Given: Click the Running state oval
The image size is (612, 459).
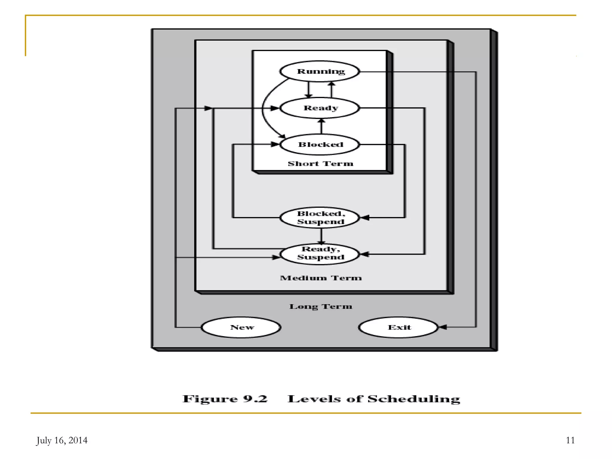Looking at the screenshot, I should click(x=320, y=71).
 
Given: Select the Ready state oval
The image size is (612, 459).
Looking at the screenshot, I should click(x=320, y=108).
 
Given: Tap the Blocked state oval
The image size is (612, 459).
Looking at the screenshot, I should click(x=320, y=145).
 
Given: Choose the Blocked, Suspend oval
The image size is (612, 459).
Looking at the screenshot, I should click(x=320, y=218).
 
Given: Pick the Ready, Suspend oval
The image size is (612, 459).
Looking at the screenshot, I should click(x=320, y=254).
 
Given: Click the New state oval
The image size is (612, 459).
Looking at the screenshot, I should click(x=241, y=327).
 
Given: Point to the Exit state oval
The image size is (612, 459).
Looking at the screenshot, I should click(x=399, y=327).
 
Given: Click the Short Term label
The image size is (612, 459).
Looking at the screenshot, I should click(x=320, y=164).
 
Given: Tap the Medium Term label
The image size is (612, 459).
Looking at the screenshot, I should click(x=321, y=278).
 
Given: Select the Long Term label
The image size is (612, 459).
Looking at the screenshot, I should click(x=321, y=307).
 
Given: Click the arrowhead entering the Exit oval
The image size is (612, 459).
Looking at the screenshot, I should click(x=443, y=327).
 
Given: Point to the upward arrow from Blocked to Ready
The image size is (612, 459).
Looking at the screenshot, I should click(x=321, y=126).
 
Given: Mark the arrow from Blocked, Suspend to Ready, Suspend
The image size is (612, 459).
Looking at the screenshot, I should click(x=321, y=236).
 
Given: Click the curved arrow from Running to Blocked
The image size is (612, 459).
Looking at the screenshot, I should click(x=263, y=108).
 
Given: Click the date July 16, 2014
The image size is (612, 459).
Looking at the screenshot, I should click(x=62, y=440).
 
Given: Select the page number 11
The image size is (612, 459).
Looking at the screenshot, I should click(x=570, y=440).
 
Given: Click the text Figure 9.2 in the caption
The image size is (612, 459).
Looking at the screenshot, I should click(x=225, y=399).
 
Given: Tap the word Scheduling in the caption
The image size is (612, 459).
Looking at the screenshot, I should click(x=414, y=399).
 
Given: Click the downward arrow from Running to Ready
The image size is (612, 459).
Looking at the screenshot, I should click(x=309, y=90).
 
